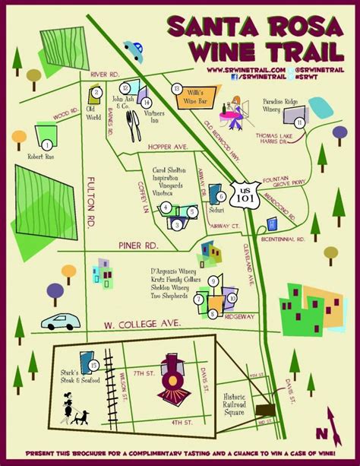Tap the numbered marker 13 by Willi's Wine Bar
[x=177, y=88]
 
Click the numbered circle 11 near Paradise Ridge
[x=300, y=122]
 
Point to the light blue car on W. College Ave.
[x=60, y=320]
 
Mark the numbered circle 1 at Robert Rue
[x=47, y=144]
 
